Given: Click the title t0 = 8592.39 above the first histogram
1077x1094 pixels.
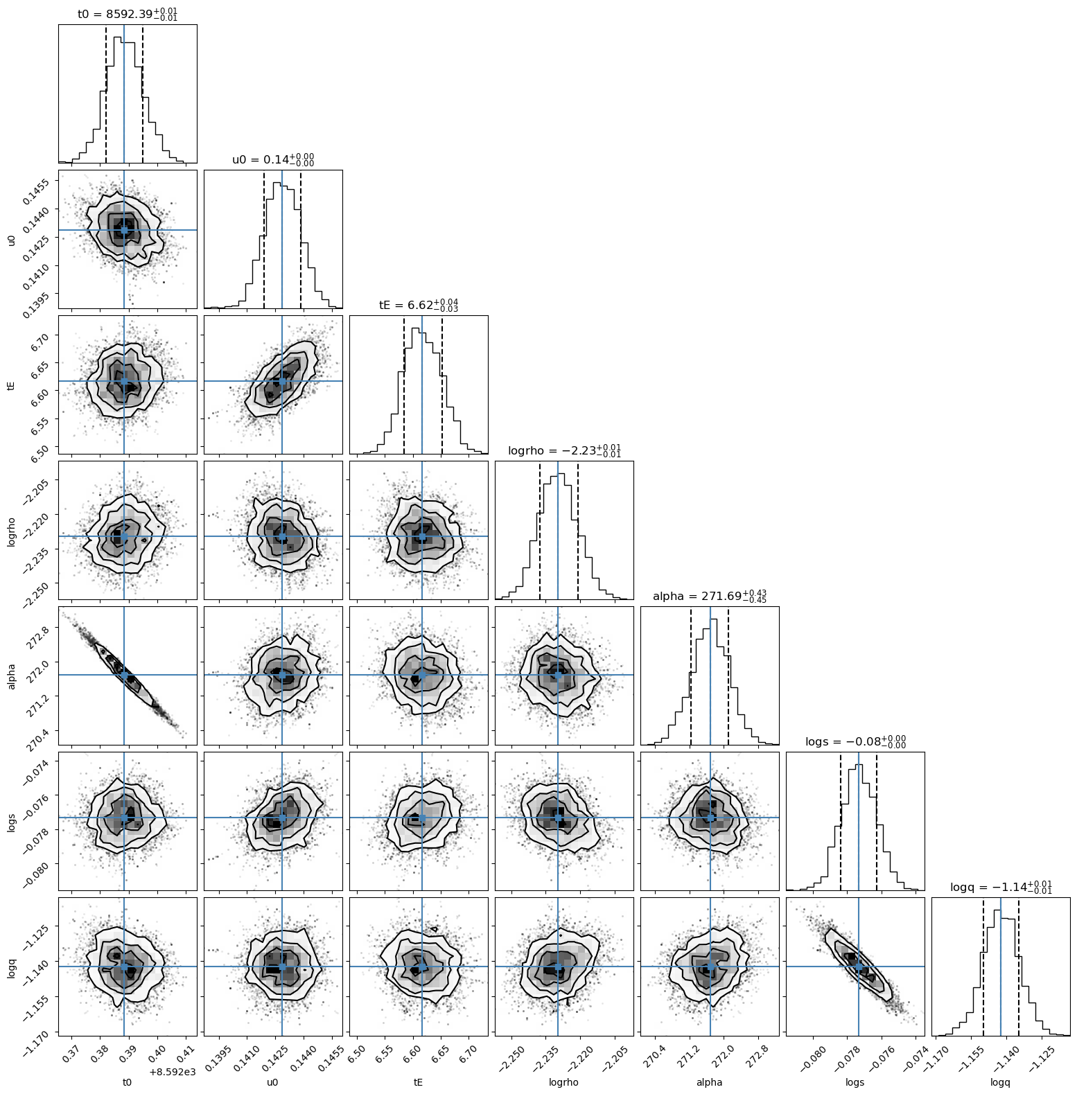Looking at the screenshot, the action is click(x=128, y=14).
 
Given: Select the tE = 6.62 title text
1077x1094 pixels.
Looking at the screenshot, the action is click(x=419, y=305).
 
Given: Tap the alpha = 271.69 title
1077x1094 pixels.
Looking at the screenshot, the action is click(x=710, y=596).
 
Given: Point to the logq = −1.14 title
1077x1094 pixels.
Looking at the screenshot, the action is click(x=1001, y=887).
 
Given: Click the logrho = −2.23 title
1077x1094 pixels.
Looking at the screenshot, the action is click(x=564, y=450).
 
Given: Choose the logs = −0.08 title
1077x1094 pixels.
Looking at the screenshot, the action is click(x=855, y=741).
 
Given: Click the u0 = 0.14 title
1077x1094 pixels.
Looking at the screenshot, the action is click(x=273, y=159).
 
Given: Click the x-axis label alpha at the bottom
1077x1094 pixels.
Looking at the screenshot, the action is click(x=709, y=1082).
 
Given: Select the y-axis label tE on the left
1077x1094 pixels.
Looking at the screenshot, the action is click(x=11, y=385).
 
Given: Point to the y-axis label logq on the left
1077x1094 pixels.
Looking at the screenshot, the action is click(x=11, y=967).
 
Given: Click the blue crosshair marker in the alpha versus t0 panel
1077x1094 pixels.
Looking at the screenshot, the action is click(x=124, y=674).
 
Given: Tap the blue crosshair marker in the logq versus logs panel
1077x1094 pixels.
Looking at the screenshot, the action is click(x=859, y=966).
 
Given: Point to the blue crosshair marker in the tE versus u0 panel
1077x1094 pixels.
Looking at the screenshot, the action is click(x=282, y=381).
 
